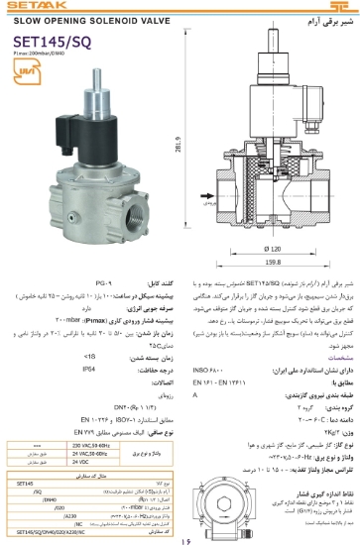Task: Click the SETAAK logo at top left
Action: point(29,7)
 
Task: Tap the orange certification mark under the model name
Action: point(25,73)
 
